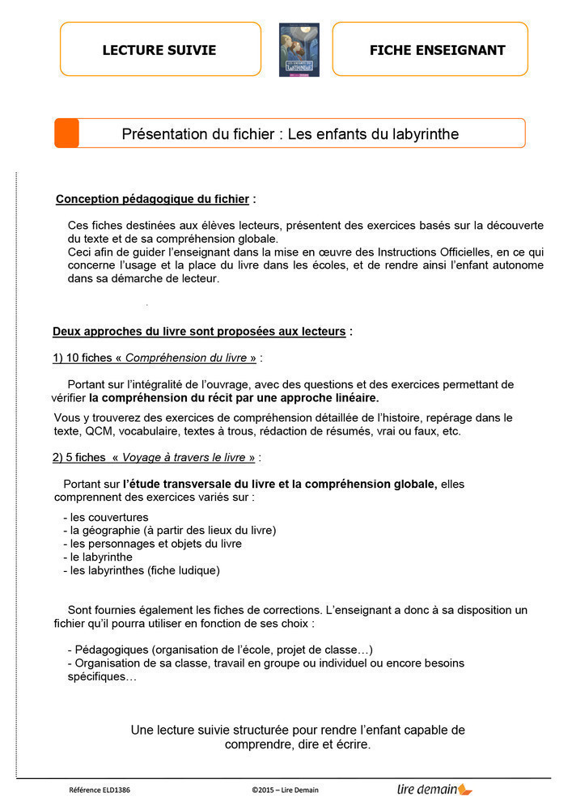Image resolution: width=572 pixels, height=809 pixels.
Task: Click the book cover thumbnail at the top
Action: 299,49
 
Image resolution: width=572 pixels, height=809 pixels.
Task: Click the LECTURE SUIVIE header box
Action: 160,49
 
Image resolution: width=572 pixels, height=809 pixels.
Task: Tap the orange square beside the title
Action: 67,133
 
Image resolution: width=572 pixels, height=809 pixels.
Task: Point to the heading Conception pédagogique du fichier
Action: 152,199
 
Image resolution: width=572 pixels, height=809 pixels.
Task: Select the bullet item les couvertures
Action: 109,517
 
